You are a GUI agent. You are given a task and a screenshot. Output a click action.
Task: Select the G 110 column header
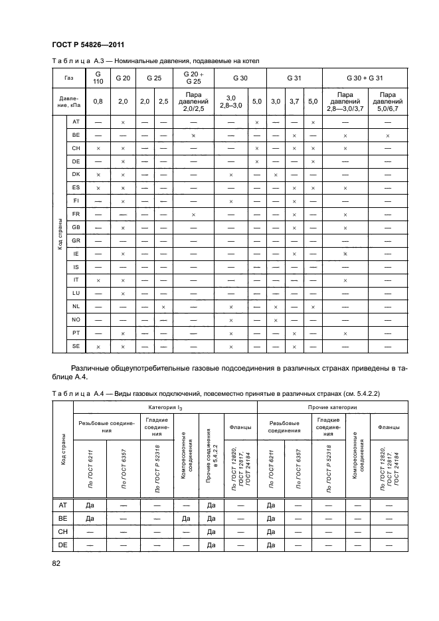pyautogui.click(x=98, y=78)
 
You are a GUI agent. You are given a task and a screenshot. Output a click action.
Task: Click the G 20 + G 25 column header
pyautogui.click(x=193, y=78)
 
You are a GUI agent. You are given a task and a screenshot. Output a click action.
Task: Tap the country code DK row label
pyautogui.click(x=76, y=175)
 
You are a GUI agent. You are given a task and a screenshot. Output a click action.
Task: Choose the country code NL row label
pyautogui.click(x=76, y=306)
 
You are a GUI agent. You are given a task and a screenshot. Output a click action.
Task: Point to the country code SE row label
pyautogui.click(x=76, y=346)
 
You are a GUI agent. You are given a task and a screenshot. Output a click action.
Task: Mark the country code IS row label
pyautogui.click(x=76, y=267)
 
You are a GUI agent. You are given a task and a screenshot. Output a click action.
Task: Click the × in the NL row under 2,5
pyautogui.click(x=163, y=306)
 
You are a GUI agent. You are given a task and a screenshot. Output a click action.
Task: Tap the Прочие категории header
pyautogui.click(x=330, y=406)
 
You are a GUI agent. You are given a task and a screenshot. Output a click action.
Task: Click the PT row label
pyautogui.click(x=76, y=333)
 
